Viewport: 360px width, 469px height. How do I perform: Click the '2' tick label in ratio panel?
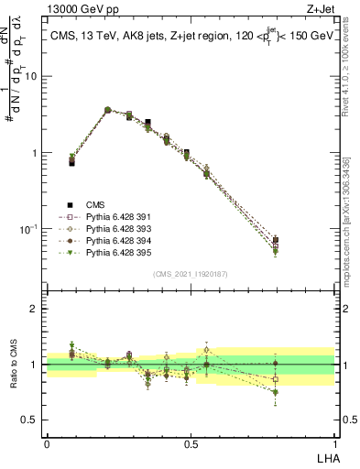(36, 309)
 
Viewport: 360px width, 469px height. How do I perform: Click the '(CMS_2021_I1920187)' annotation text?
(191, 273)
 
